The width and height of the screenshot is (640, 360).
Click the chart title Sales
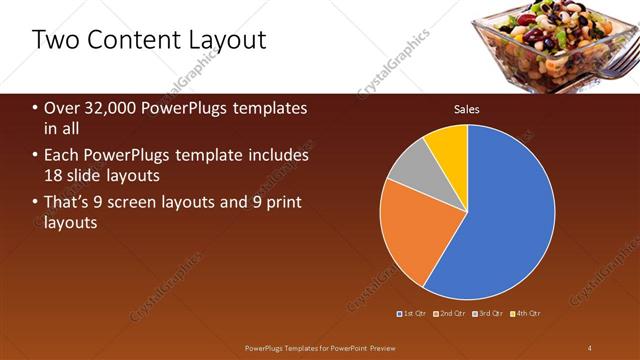(467, 109)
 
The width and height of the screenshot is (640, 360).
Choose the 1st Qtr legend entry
(414, 314)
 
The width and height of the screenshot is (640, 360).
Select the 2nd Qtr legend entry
(452, 314)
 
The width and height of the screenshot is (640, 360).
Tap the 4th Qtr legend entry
(527, 314)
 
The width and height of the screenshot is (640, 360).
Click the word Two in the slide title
(56, 40)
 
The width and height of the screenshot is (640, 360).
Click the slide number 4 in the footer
(590, 347)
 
